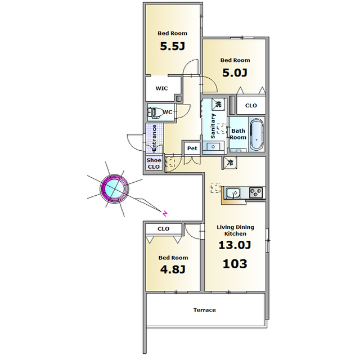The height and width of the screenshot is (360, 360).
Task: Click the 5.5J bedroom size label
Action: [x=173, y=46]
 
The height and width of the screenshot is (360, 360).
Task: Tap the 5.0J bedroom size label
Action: [x=235, y=73]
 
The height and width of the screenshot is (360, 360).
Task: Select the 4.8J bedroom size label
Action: [x=173, y=269]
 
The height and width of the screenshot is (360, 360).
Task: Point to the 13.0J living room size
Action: [x=235, y=245]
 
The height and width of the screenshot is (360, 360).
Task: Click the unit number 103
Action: [x=235, y=264]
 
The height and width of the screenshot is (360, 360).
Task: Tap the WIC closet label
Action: [x=161, y=88]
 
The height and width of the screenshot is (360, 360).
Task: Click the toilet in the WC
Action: [x=154, y=112]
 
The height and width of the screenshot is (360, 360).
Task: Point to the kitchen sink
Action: [x=233, y=193]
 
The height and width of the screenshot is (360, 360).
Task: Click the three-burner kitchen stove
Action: [x=256, y=192]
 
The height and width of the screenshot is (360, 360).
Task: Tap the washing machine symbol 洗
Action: [x=218, y=104]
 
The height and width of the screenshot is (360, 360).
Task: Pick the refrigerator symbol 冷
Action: [x=229, y=163]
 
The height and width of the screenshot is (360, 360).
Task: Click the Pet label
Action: [x=192, y=148]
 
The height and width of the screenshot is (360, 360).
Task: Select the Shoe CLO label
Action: [x=154, y=164]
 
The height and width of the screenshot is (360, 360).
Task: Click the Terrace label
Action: [x=205, y=310]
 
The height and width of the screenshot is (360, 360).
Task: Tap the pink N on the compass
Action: [x=165, y=214]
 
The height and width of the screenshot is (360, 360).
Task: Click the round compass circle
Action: [x=114, y=188]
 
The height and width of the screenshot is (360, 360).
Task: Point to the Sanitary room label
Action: [x=213, y=126]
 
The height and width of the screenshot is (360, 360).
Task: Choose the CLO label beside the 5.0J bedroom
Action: [x=251, y=106]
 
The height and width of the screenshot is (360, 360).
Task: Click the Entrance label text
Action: [x=154, y=138]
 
